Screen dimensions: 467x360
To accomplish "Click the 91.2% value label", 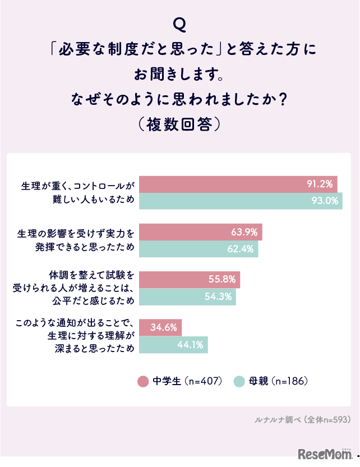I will pos(320,183).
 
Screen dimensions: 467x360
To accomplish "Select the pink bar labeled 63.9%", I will pos(200,232).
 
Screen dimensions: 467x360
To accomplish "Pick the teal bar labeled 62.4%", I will pos(198,249).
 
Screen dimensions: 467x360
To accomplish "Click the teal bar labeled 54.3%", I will pos(187,297).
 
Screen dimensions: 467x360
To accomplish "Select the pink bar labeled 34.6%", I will pos(160,327).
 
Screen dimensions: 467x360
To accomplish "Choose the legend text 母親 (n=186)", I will pos(279,381).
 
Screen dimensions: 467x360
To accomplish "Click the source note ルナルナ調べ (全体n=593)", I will pos(302,419).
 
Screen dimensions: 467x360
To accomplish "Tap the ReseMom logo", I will pos(324,453).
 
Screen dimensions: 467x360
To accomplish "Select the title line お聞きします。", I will pos(180,73).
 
